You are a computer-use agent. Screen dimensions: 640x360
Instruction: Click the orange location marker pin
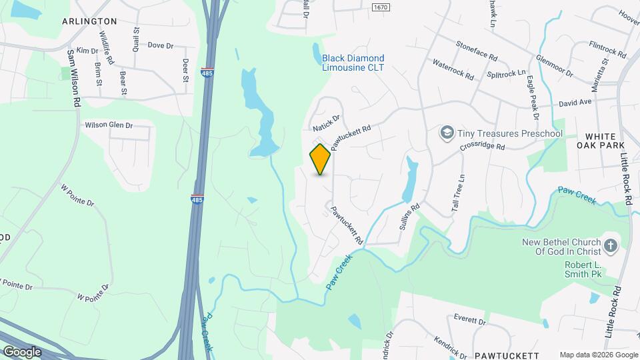tap(321, 159)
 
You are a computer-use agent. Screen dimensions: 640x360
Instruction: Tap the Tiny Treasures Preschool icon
tap(445, 133)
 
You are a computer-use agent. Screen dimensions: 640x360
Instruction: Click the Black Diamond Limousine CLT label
tap(353, 63)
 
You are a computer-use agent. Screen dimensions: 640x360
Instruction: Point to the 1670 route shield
tap(380, 7)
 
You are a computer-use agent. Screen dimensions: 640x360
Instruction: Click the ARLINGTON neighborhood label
tap(89, 21)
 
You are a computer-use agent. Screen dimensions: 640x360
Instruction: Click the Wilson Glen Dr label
tap(109, 125)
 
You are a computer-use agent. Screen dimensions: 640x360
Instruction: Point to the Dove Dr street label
tap(160, 45)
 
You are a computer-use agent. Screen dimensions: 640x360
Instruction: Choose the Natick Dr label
tap(326, 122)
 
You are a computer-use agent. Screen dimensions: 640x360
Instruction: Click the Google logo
tap(21, 351)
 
